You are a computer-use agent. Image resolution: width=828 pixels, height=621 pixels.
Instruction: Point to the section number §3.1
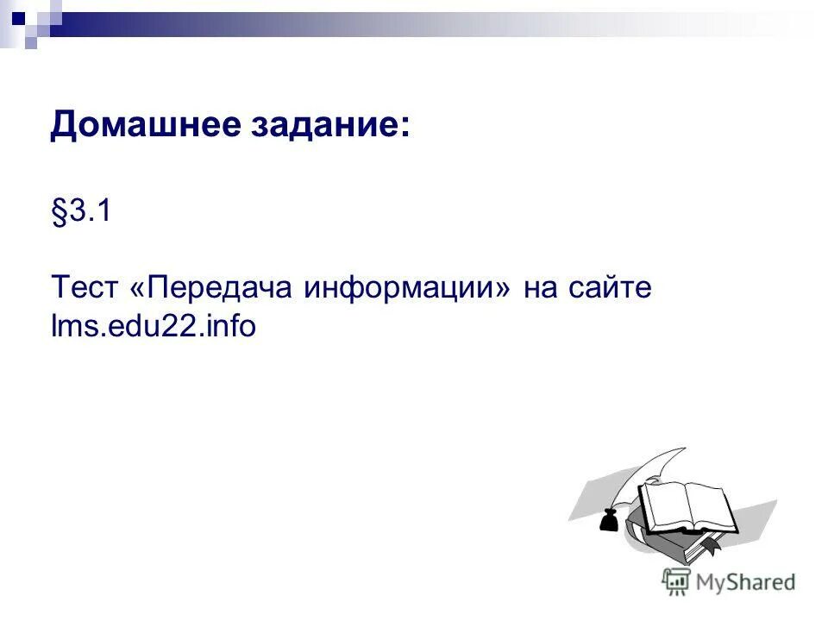[81, 212]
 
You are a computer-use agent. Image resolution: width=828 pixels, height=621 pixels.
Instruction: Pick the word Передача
[220, 288]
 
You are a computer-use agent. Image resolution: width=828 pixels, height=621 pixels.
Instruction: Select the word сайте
[611, 287]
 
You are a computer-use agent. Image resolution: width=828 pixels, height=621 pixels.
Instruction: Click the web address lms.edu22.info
[154, 327]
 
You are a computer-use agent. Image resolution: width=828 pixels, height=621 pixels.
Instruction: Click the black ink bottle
[609, 520]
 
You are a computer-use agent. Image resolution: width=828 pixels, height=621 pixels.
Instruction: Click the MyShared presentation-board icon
[676, 581]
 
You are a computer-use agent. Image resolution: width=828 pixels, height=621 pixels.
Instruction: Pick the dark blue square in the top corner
[17, 15]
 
